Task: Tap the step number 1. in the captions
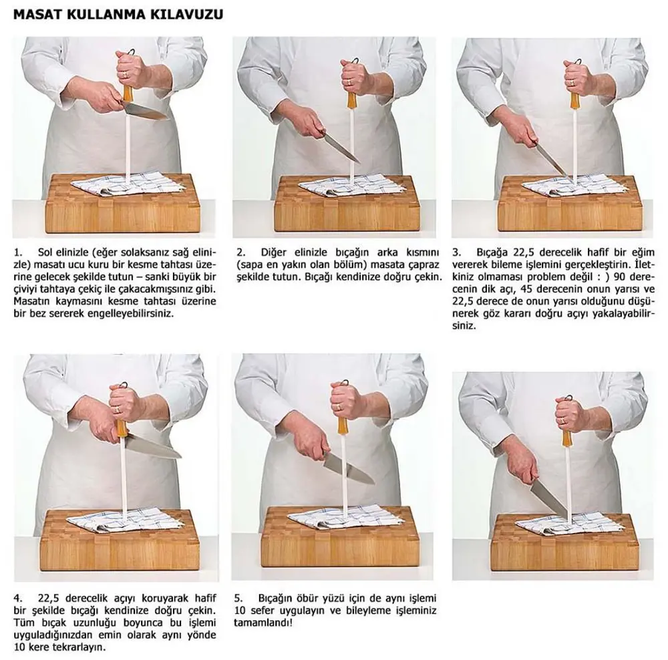(x=17, y=252)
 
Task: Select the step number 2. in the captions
(x=240, y=252)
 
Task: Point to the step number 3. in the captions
(x=457, y=252)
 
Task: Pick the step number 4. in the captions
(x=18, y=598)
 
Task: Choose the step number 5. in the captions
(x=238, y=598)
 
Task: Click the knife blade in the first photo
(x=145, y=111)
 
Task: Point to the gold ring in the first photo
(x=125, y=74)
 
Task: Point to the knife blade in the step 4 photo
(x=154, y=446)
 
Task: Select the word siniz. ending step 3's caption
(x=464, y=326)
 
